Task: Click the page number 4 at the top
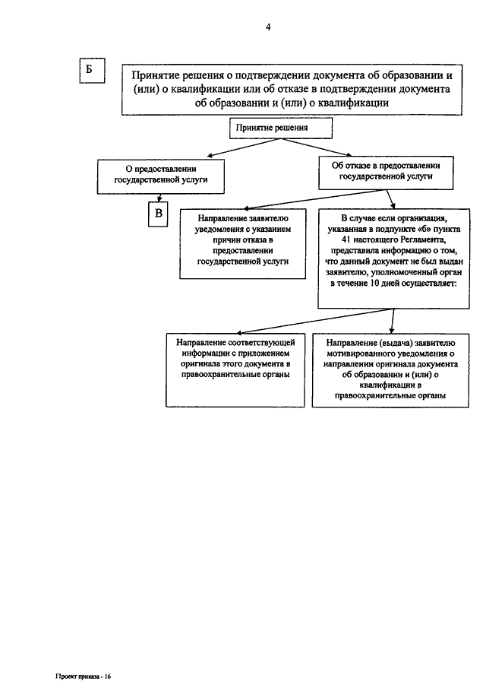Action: click(x=268, y=27)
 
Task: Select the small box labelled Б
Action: click(x=92, y=70)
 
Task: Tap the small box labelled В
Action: click(x=158, y=214)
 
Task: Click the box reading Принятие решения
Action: click(x=280, y=128)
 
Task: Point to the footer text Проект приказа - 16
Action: click(x=84, y=676)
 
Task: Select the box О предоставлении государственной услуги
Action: click(x=161, y=176)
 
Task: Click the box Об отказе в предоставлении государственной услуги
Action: click(x=386, y=173)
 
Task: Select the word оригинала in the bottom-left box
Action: click(x=199, y=364)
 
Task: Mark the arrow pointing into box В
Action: click(x=159, y=198)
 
